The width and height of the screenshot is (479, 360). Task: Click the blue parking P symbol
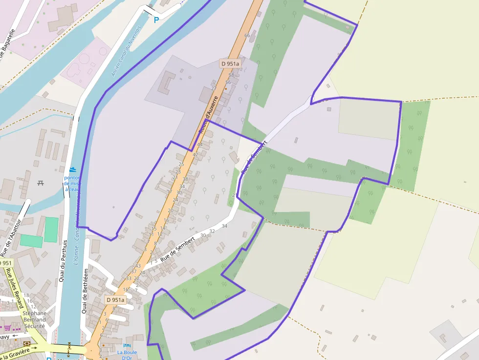coord(156,20)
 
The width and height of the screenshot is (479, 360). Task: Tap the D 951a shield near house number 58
coord(230,64)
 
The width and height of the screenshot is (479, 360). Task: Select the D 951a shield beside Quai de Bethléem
coord(115,300)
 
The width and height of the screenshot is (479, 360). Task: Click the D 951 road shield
coord(6,263)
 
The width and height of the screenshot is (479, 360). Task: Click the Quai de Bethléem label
coord(85,291)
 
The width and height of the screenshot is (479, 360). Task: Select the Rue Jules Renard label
coord(15,288)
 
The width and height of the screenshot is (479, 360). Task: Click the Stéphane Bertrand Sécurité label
coord(34,319)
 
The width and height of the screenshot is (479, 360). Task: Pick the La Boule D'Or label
coord(127,355)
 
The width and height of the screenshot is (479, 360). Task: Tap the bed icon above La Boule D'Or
coord(127,346)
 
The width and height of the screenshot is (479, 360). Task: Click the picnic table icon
coord(41,183)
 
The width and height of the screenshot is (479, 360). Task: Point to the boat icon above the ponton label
coord(73,169)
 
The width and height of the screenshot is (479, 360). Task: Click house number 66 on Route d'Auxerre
coord(247,35)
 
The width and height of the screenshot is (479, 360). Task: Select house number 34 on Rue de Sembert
coord(224,226)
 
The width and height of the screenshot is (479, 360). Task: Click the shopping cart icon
coord(7,328)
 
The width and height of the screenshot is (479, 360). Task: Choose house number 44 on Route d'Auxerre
coord(199,145)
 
